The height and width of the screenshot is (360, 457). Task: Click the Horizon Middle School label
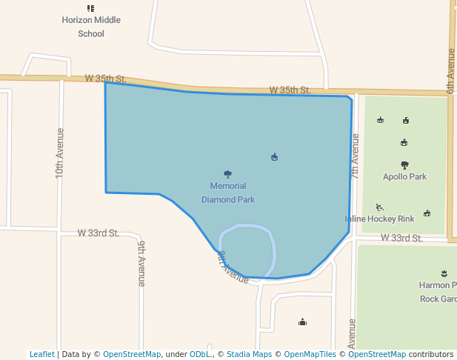[x=91, y=27]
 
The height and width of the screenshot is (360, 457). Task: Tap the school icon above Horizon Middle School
[x=91, y=8]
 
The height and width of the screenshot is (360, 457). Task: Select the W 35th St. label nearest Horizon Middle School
[x=106, y=78]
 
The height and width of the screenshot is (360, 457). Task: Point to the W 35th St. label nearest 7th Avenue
[x=290, y=90]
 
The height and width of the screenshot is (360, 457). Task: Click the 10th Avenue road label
[x=60, y=152]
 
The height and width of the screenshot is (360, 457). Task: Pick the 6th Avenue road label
[x=450, y=71]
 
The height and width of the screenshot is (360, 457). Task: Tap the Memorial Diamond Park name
[x=228, y=193]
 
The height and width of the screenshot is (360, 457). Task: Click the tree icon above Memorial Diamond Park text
[x=227, y=174]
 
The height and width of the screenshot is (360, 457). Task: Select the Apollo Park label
[x=404, y=177]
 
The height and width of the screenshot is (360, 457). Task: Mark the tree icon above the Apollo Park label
[x=404, y=165]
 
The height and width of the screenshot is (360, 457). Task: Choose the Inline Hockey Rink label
[x=379, y=219]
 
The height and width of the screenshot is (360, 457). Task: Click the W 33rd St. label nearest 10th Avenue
[x=99, y=233]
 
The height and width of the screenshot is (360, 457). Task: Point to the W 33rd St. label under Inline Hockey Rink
[x=401, y=238]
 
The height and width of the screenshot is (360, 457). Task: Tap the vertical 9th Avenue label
[x=141, y=262]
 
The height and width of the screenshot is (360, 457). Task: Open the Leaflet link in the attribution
[x=41, y=354]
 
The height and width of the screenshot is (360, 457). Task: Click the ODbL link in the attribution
[x=200, y=354]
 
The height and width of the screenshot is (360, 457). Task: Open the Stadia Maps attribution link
[x=249, y=354]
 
